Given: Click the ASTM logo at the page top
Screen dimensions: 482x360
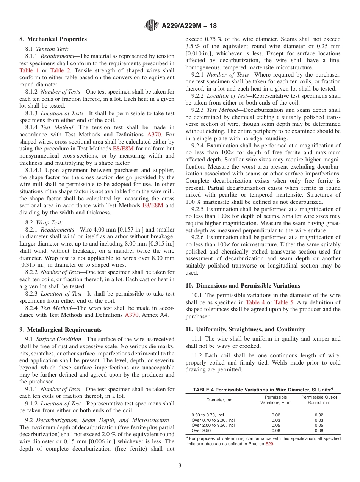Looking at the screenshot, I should tap(152, 26).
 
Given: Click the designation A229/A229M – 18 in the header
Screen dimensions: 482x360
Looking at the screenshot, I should tap(189, 26).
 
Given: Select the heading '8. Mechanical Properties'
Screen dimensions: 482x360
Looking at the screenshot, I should tap(53, 39).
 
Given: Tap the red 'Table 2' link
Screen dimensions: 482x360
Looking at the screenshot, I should tap(59, 70).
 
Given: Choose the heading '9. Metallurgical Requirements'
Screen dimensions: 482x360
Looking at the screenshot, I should tap(60, 329).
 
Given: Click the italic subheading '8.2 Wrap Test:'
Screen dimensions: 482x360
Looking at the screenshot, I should tap(44, 222).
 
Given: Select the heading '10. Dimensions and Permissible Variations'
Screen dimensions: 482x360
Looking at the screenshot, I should tap(243, 285).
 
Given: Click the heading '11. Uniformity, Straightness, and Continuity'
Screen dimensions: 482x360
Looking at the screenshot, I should tap(245, 329).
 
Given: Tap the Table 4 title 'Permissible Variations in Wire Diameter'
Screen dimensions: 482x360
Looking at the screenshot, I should tap(263, 390).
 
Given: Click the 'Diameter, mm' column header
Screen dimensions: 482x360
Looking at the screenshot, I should tap(220, 400).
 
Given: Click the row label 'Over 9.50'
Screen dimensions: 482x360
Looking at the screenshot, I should tap(201, 430).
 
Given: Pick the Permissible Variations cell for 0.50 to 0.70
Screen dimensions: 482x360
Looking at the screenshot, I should tap(276, 415).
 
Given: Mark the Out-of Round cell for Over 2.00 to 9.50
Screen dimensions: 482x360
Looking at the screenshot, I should tap(319, 425).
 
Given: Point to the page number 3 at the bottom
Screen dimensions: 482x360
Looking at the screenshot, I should tap(180, 465).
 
